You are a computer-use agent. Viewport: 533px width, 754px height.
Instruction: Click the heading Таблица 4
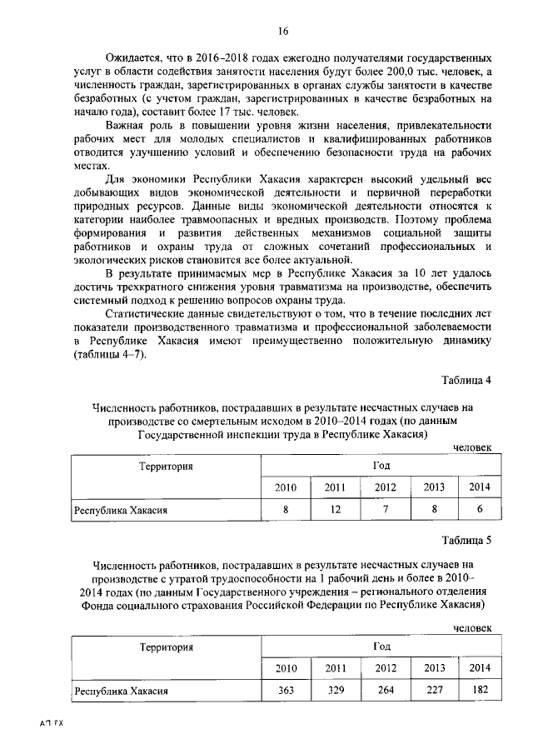(x=466, y=380)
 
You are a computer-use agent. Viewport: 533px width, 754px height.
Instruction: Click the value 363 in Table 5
(x=286, y=691)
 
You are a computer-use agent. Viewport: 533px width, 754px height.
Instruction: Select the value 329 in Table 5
(x=336, y=691)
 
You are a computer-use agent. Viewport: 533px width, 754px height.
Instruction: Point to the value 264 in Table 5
(x=385, y=691)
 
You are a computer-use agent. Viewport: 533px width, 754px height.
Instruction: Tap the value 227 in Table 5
(x=434, y=691)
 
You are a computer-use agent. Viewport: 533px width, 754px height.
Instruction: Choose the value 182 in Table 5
(x=480, y=691)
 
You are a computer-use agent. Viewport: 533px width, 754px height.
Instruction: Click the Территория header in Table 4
(x=166, y=467)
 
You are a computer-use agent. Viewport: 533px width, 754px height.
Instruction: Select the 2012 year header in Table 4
(x=385, y=487)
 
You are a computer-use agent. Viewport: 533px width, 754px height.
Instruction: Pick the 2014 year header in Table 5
(x=480, y=667)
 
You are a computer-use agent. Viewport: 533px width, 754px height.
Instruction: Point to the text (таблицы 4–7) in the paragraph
(x=110, y=354)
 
